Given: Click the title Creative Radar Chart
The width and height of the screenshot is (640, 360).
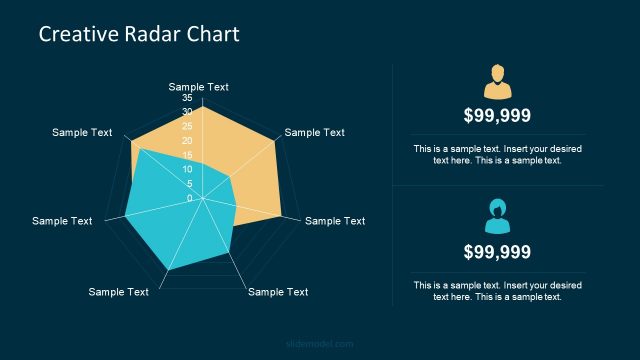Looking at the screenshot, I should point(139,35).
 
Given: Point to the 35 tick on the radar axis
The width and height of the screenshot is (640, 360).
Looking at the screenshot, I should point(187,98).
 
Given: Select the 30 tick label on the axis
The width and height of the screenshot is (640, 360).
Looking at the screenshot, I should point(187,112).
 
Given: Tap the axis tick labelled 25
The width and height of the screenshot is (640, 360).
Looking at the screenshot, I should point(187,127).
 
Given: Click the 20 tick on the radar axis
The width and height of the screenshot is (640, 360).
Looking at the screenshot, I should point(187,141).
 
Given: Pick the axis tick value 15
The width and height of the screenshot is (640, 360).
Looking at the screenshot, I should point(187,155).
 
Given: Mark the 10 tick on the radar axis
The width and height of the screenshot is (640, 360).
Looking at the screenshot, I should point(187,169).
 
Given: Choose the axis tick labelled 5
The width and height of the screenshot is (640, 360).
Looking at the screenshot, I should point(189,183).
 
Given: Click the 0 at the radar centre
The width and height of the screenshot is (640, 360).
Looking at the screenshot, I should point(189,198).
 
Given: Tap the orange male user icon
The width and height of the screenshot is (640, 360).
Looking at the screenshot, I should point(497,79).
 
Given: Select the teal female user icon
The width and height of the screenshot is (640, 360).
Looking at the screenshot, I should point(497,215).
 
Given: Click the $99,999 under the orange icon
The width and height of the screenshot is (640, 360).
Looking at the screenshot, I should point(497,115).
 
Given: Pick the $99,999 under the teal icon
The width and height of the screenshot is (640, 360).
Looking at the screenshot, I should point(497,252).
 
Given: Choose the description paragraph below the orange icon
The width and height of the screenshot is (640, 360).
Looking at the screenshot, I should point(497,154).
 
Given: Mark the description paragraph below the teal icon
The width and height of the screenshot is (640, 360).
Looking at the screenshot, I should point(497,290).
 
